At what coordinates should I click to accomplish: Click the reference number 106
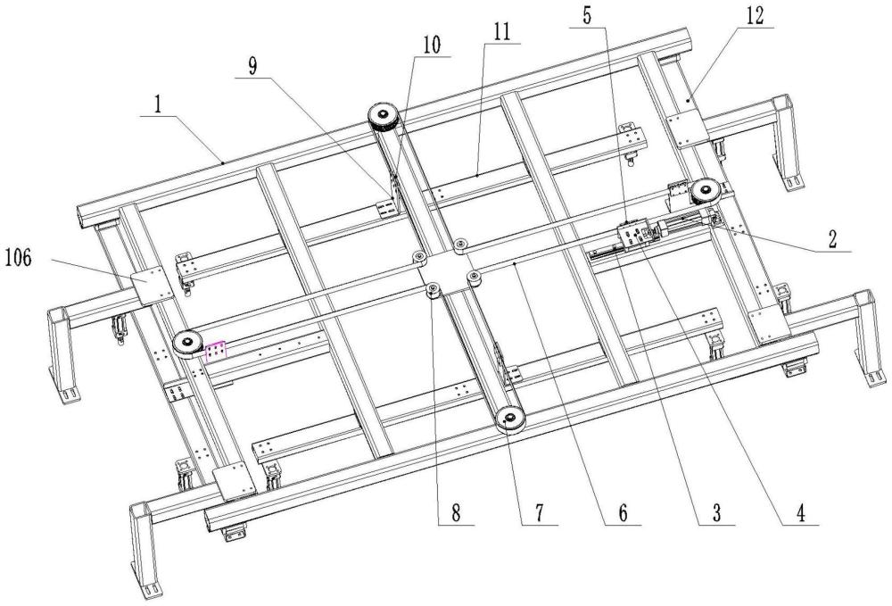18,259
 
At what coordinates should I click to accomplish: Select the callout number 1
157,104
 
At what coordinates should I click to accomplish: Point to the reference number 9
252,66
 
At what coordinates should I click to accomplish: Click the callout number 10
432,45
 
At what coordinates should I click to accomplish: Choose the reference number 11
501,32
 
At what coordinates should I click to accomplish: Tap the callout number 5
587,15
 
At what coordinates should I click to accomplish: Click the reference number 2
832,239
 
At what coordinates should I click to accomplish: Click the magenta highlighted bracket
215,351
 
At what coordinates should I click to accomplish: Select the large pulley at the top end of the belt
384,119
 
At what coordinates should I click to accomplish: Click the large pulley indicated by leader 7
509,420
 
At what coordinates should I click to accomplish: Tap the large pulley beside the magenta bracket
187,343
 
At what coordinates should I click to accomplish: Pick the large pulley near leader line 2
706,191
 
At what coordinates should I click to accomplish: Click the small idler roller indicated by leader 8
434,291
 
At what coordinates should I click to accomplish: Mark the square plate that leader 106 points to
152,284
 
